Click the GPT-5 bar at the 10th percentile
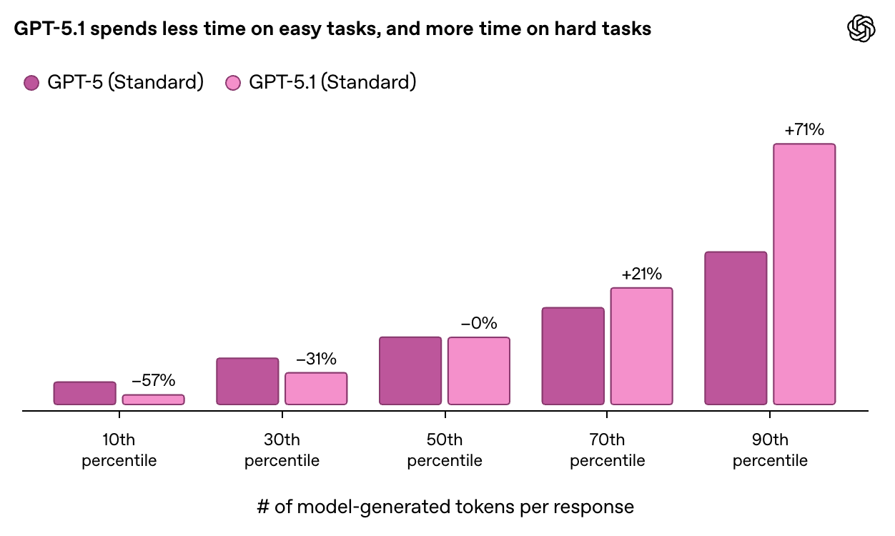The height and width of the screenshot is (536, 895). pos(84,393)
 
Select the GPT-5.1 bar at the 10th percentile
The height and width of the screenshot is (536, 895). pos(153,399)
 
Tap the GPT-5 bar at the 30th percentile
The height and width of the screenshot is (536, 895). pos(247,381)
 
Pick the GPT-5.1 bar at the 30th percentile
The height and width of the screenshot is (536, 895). pos(316,388)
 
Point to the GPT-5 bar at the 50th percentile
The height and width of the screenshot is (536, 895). pos(410,371)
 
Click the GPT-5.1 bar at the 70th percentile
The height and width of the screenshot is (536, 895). pos(641,346)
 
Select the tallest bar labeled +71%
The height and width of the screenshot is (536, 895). pos(804,274)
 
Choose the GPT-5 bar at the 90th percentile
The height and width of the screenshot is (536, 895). pos(736,328)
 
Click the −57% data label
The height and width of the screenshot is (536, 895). pos(153,381)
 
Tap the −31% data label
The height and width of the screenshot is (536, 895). pos(316,359)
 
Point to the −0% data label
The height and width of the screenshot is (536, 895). pos(479,323)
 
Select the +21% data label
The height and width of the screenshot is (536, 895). pos(641,274)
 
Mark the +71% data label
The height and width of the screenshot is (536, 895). pos(804,130)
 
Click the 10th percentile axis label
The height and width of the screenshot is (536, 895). pos(119,450)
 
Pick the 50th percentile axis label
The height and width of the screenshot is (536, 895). pos(445,450)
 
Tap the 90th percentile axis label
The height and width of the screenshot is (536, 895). pos(770,450)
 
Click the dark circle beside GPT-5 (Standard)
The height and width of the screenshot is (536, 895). pos(31,83)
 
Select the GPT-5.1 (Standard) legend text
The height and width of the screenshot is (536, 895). pos(332,82)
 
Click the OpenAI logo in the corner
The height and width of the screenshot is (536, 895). pos(861,29)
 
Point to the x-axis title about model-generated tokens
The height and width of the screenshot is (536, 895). pos(445,507)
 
